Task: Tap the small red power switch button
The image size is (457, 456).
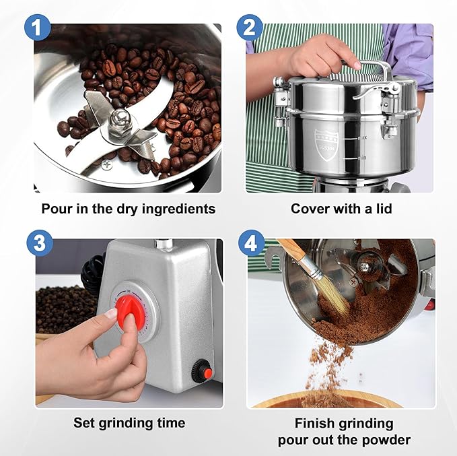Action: (201, 368)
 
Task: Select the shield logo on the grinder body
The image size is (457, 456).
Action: (326, 143)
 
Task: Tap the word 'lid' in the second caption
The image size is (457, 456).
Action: (383, 209)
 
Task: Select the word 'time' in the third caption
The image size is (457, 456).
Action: (170, 423)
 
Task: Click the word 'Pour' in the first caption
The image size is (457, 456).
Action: (56, 209)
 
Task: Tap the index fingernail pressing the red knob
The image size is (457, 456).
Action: (112, 313)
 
